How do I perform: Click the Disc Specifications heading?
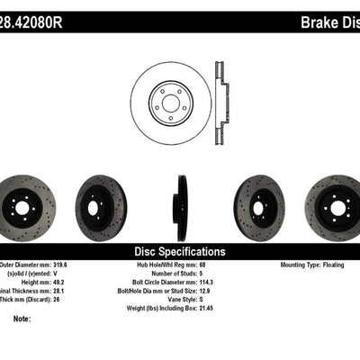click(180, 251)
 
